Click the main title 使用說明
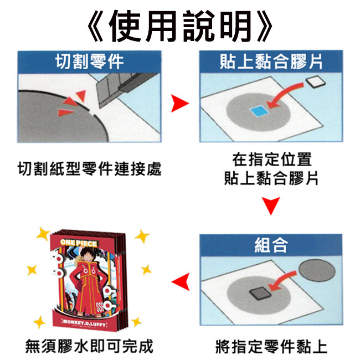180,25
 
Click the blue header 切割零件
90,61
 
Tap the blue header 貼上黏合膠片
271,61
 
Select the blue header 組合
271,245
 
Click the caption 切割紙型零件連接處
90,169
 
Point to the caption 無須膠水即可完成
89,346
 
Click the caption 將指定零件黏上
271,346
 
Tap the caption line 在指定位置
272,159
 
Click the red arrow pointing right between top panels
179,104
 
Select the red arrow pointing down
271,205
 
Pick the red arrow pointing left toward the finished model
181,282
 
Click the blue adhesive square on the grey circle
259,111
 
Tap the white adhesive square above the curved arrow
316,81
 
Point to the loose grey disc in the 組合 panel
317,270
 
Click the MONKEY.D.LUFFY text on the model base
84,323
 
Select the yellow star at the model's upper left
43,234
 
